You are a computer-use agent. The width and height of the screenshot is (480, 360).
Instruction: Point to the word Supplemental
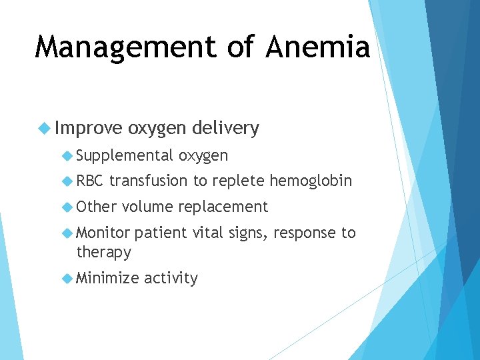125,156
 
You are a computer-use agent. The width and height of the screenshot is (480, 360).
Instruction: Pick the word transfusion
149,181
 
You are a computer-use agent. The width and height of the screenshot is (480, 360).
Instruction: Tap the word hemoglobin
310,181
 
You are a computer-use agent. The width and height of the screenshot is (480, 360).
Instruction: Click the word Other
97,207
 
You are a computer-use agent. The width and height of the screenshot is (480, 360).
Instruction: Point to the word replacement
223,207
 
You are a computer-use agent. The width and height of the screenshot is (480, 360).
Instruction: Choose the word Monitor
103,233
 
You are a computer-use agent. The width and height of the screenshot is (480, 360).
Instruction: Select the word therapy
104,253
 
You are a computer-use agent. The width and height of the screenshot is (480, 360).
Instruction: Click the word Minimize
107,278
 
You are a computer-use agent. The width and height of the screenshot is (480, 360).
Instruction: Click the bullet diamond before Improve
45,128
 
